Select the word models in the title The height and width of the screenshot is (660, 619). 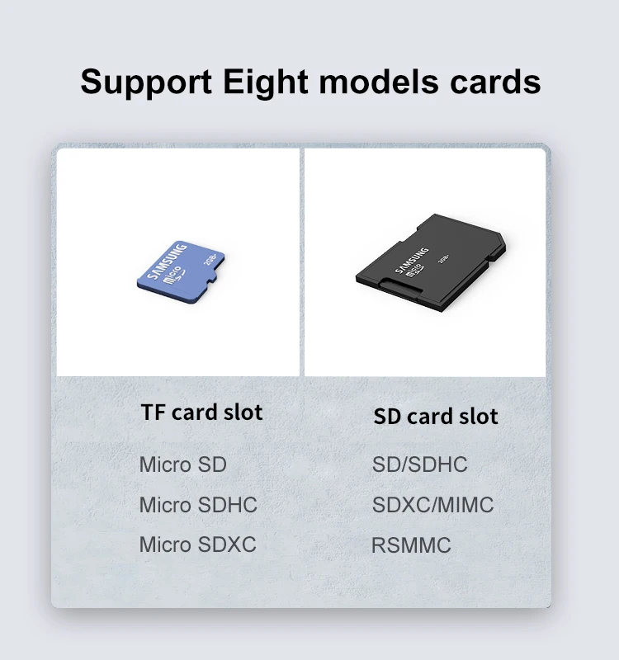(x=379, y=81)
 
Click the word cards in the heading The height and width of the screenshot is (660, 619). (x=495, y=81)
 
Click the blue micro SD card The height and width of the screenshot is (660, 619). (x=181, y=272)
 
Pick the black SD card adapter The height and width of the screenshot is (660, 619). (x=431, y=263)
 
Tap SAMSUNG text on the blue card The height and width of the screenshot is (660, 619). (x=168, y=262)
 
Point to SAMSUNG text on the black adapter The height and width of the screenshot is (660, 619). (x=411, y=260)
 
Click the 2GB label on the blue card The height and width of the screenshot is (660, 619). (x=210, y=259)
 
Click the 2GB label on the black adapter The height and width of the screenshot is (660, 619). (x=443, y=258)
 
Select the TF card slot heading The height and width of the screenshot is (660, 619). (x=201, y=412)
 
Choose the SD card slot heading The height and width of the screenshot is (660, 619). (x=436, y=416)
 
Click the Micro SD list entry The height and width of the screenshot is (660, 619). (x=182, y=464)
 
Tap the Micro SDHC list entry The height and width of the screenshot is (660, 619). (x=198, y=504)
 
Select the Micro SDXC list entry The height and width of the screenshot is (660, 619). (x=197, y=544)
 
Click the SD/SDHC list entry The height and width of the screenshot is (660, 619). (x=419, y=464)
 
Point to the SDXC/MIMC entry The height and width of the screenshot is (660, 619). (x=432, y=505)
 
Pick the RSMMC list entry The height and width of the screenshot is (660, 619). (x=411, y=545)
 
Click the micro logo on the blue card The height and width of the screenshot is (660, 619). (x=174, y=276)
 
